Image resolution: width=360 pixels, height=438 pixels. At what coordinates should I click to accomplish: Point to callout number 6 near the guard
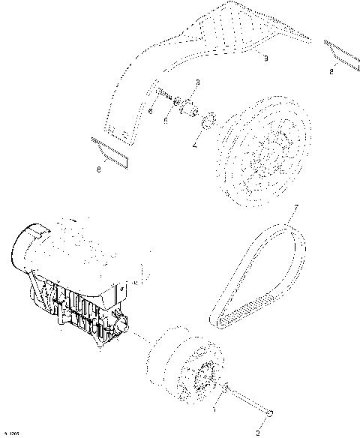149,112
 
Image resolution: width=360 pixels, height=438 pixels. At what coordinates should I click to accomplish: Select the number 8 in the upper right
331,72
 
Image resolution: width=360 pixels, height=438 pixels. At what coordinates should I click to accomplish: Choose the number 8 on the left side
100,169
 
